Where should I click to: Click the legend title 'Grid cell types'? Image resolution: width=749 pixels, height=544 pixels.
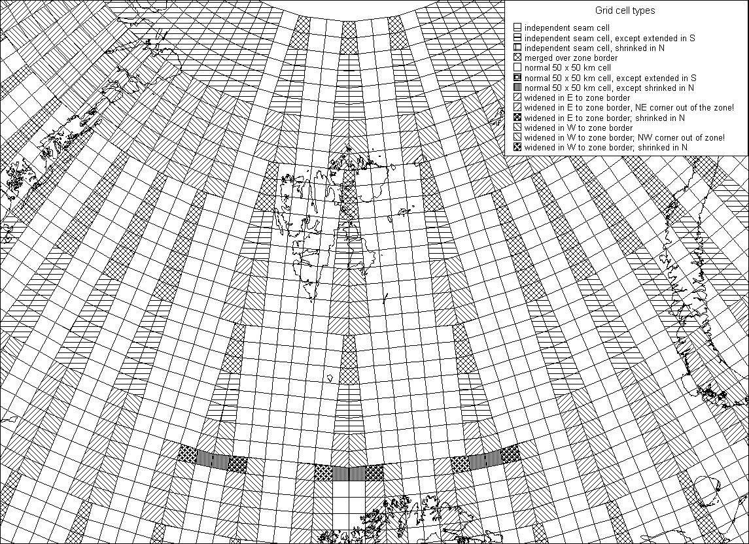[625, 10]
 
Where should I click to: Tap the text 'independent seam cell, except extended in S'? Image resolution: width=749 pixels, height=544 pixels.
[610, 38]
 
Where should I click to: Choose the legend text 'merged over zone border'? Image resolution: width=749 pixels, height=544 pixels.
[571, 58]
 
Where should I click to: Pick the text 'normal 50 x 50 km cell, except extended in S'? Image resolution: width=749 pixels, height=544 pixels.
[610, 78]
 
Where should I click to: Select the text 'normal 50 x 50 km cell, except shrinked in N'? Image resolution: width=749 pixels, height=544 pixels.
[609, 88]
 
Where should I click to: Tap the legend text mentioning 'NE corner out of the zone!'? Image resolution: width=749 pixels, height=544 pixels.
[629, 108]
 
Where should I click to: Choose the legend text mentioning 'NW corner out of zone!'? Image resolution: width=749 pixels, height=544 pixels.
[624, 137]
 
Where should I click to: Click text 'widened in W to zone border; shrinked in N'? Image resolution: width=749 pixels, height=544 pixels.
[606, 148]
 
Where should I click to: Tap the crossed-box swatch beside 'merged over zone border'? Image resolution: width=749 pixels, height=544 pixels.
[517, 58]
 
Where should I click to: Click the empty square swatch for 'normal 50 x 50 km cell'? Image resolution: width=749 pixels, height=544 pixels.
[517, 68]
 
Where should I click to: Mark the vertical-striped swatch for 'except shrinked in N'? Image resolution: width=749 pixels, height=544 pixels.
[517, 88]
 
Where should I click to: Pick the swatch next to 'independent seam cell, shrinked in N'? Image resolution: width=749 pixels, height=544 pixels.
[517, 48]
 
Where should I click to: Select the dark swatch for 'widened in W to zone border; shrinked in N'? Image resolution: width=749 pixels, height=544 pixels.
[517, 148]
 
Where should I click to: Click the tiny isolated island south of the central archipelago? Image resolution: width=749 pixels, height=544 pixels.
[330, 378]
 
